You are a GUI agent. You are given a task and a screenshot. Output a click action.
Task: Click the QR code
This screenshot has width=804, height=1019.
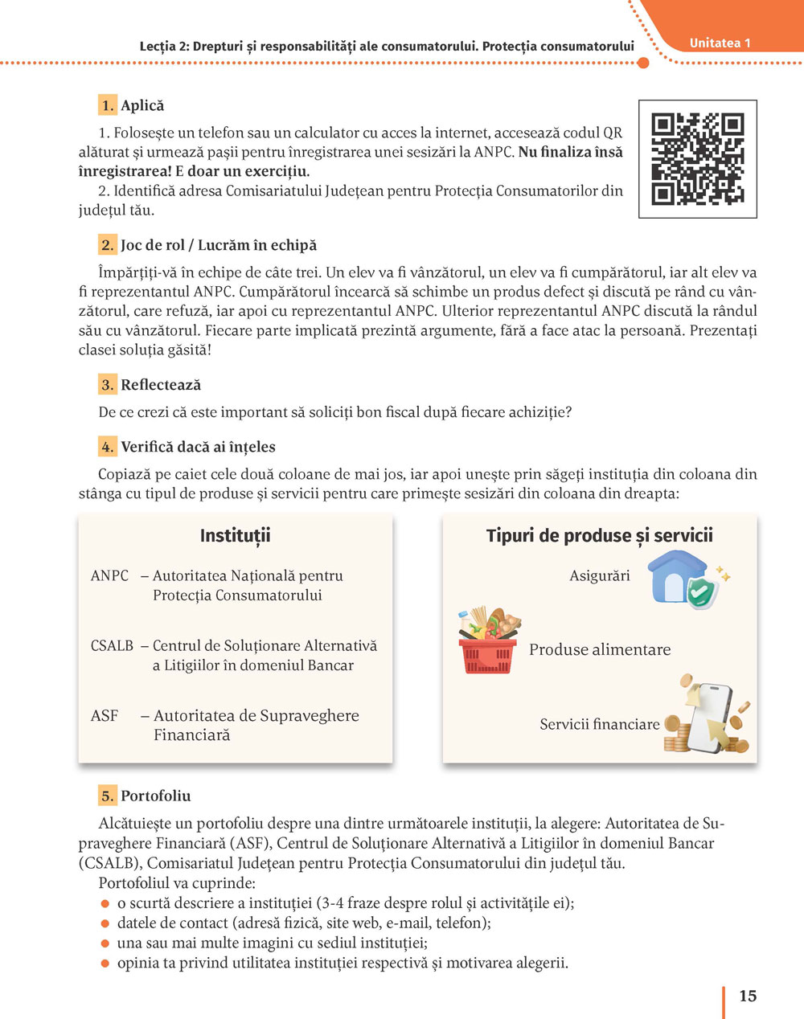tap(697, 158)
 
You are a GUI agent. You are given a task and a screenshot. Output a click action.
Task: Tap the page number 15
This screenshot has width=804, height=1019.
tap(748, 996)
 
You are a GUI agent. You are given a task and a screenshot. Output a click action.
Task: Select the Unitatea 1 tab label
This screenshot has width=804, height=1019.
tap(720, 43)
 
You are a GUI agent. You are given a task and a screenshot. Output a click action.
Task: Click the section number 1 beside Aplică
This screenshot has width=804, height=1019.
tap(108, 105)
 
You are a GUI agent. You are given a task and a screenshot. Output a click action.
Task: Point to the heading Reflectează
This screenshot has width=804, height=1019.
tap(161, 385)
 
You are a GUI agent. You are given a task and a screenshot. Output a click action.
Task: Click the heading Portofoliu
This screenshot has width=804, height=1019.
tap(156, 796)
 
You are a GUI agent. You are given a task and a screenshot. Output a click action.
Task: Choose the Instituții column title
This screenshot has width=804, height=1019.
tap(235, 536)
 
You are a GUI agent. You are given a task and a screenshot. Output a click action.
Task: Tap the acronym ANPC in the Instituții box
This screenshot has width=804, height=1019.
tap(109, 576)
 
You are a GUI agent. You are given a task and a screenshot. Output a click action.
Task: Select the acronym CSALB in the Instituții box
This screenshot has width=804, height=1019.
tap(112, 646)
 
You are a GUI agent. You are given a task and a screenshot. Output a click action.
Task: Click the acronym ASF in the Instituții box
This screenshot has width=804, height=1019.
tap(105, 716)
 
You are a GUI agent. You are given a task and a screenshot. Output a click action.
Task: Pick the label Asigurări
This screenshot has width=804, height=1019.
tap(600, 576)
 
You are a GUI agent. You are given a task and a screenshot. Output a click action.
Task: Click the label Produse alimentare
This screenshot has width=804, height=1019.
tap(600, 650)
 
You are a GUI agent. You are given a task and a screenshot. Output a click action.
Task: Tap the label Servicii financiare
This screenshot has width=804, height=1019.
tap(600, 725)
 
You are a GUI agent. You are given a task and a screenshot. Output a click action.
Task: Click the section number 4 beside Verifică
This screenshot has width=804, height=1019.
tap(108, 447)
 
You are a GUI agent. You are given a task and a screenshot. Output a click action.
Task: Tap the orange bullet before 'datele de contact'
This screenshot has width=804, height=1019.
tap(104, 923)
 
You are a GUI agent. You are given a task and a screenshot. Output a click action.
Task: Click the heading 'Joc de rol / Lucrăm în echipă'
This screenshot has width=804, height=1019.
tap(219, 245)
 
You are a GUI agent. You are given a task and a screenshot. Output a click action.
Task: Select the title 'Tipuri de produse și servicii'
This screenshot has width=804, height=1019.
tap(600, 536)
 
